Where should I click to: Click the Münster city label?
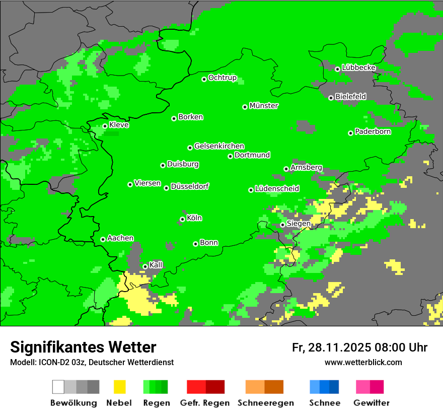tap(264, 106)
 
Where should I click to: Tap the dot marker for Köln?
tap(182, 219)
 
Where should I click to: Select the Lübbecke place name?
tap(358, 67)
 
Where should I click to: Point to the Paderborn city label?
tap(373, 132)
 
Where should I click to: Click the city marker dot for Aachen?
tap(103, 239)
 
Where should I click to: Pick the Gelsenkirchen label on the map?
tap(219, 146)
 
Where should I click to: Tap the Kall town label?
tap(156, 265)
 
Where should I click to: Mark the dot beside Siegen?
tap(282, 225)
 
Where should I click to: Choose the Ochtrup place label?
tap(222, 78)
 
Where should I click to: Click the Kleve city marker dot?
tap(105, 126)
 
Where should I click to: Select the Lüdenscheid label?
tap(277, 189)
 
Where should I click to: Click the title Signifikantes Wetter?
tap(83, 347)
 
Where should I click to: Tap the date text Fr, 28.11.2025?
tap(331, 347)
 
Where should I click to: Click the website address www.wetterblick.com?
tap(363, 362)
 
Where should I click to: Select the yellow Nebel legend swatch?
tap(119, 387)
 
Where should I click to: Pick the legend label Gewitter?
tap(371, 403)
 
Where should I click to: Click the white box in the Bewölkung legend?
tap(58, 387)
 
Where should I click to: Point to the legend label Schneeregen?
tap(265, 403)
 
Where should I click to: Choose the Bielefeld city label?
tap(350, 96)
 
